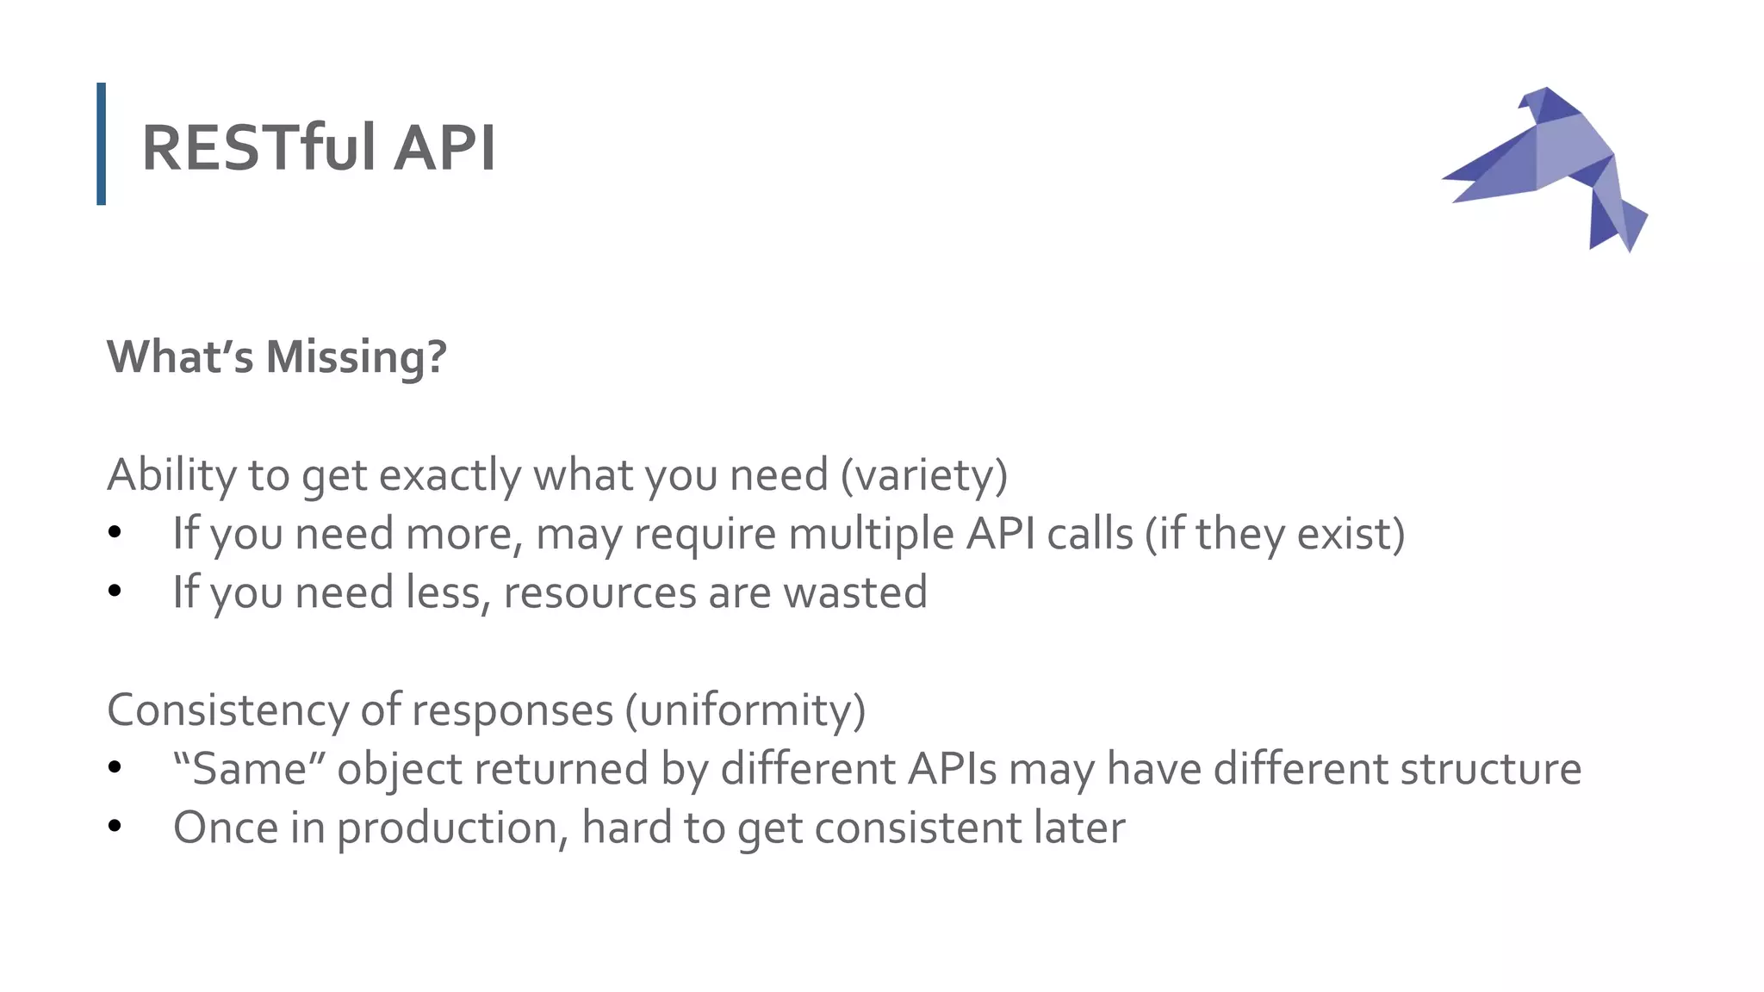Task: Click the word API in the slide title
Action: (x=444, y=147)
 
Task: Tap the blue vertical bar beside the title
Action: (x=102, y=144)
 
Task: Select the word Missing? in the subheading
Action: (x=357, y=356)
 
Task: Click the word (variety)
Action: (x=924, y=474)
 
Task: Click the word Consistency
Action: (x=227, y=710)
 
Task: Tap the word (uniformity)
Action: (x=745, y=710)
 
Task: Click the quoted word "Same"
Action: (x=240, y=768)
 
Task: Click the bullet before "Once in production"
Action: (x=115, y=827)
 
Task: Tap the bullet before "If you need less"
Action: (x=115, y=592)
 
